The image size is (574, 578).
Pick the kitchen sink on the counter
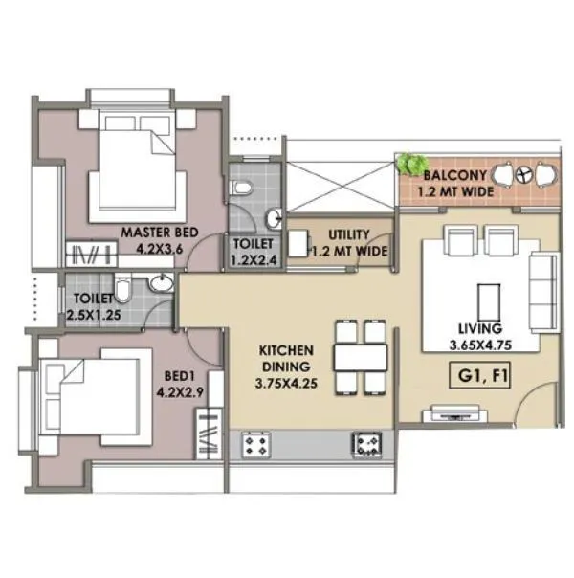tap(365, 442)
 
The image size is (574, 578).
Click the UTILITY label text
tap(349, 234)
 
